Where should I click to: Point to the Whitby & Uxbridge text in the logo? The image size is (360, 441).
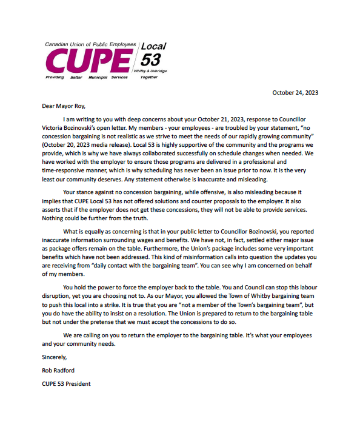[155, 72]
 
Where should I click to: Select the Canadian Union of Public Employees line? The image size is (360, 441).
[90, 45]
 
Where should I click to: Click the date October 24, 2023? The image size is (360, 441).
[295, 93]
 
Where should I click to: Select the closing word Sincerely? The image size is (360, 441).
[55, 357]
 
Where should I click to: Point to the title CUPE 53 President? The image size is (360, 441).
[66, 383]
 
